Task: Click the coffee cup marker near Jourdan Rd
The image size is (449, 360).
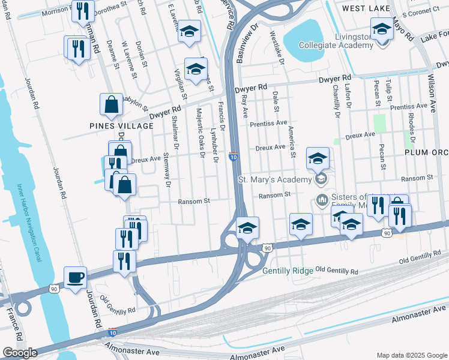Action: pyautogui.click(x=75, y=277)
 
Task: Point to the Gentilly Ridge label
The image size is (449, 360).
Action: pyautogui.click(x=288, y=271)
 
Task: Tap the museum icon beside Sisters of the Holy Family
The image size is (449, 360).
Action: pyautogui.click(x=321, y=199)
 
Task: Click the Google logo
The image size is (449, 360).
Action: pyautogui.click(x=20, y=353)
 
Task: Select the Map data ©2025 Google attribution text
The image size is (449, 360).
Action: pyautogui.click(x=411, y=355)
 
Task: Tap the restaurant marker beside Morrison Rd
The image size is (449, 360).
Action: pyautogui.click(x=82, y=11)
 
